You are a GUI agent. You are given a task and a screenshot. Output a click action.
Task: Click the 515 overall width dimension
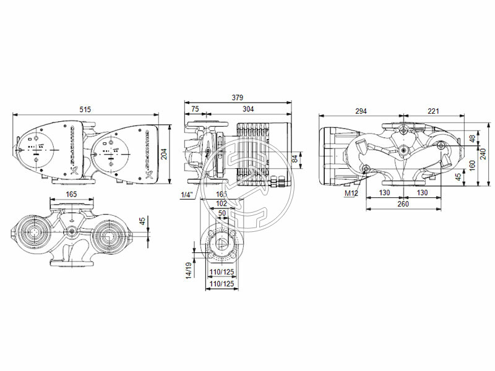85,109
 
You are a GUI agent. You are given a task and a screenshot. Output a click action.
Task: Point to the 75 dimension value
195,109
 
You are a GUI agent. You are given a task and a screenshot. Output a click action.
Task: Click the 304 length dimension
247,109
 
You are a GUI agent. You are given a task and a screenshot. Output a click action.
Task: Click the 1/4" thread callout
186,195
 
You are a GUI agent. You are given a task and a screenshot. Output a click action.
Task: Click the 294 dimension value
361,111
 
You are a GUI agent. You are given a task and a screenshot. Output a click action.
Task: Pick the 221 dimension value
433,111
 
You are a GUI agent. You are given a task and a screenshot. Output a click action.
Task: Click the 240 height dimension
484,153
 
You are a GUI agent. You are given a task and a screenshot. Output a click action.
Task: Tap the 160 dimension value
472,165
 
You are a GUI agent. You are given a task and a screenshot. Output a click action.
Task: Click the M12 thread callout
351,194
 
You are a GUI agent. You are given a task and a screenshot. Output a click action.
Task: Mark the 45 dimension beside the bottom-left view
143,221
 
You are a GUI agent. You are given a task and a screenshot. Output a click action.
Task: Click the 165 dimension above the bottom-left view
71,194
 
